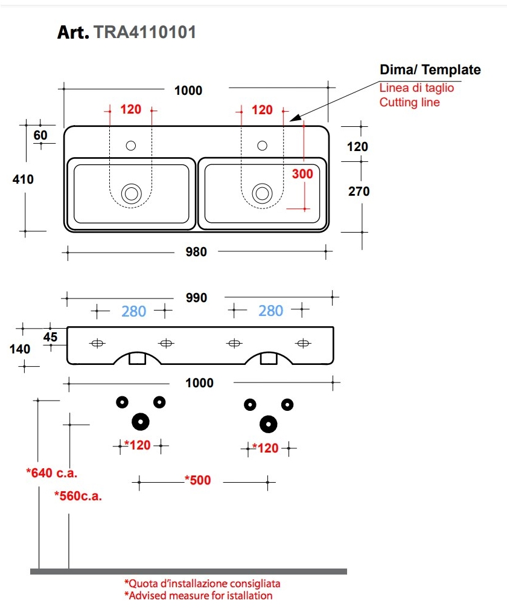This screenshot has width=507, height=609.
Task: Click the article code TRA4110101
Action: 145,32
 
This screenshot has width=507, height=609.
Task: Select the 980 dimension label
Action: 196,251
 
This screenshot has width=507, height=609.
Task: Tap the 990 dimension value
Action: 196,297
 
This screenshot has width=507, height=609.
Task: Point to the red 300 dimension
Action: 302,174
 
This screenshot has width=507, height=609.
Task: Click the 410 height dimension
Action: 23,179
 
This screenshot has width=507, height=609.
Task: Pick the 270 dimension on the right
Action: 359,192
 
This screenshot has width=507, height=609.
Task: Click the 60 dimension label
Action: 40,135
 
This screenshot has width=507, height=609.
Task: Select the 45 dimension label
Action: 50,337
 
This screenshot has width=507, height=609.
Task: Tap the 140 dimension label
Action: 20,349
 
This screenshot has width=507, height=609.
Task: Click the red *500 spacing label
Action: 197,481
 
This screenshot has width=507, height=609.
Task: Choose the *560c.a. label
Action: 78,497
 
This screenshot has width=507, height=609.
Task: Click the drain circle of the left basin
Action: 131,193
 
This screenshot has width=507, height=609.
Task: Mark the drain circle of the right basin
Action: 262,193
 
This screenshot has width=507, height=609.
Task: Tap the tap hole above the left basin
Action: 131,146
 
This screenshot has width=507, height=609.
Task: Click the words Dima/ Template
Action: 430,70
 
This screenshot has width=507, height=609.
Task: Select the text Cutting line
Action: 409,102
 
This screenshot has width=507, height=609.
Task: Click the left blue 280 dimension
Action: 133,311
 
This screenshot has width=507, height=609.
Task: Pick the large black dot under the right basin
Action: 269,424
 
